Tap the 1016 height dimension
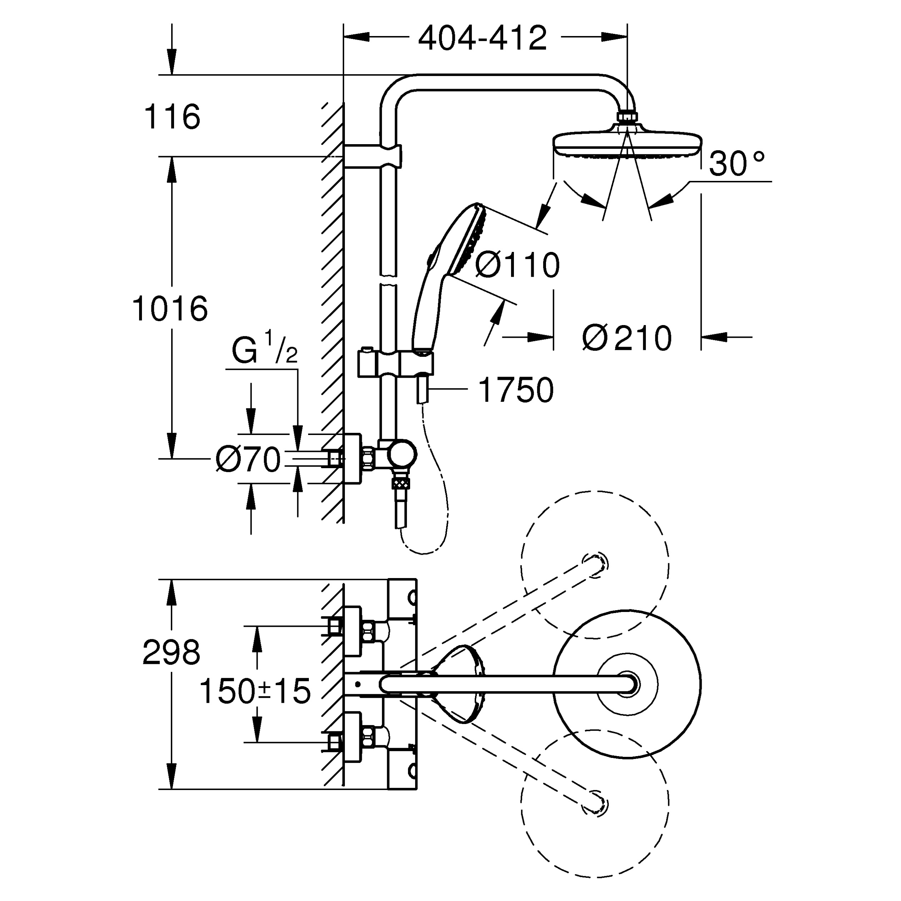point(170,309)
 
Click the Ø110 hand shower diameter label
point(517,265)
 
